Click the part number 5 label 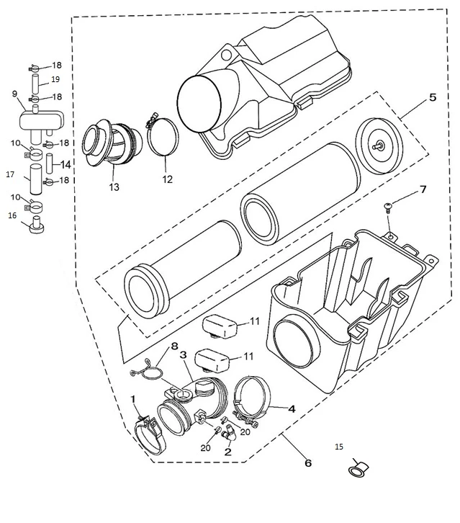tap(432, 97)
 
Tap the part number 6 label tap(307, 463)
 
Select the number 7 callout tap(423, 189)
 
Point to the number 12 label tap(167, 179)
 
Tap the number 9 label tap(14, 94)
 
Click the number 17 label tap(10, 174)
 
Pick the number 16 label tap(12, 215)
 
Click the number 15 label tap(339, 447)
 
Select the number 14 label tap(66, 164)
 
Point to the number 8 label tap(173, 347)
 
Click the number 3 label tap(184, 355)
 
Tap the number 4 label tap(291, 408)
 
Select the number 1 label tap(132, 399)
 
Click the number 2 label tap(227, 452)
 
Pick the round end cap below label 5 tap(378, 145)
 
